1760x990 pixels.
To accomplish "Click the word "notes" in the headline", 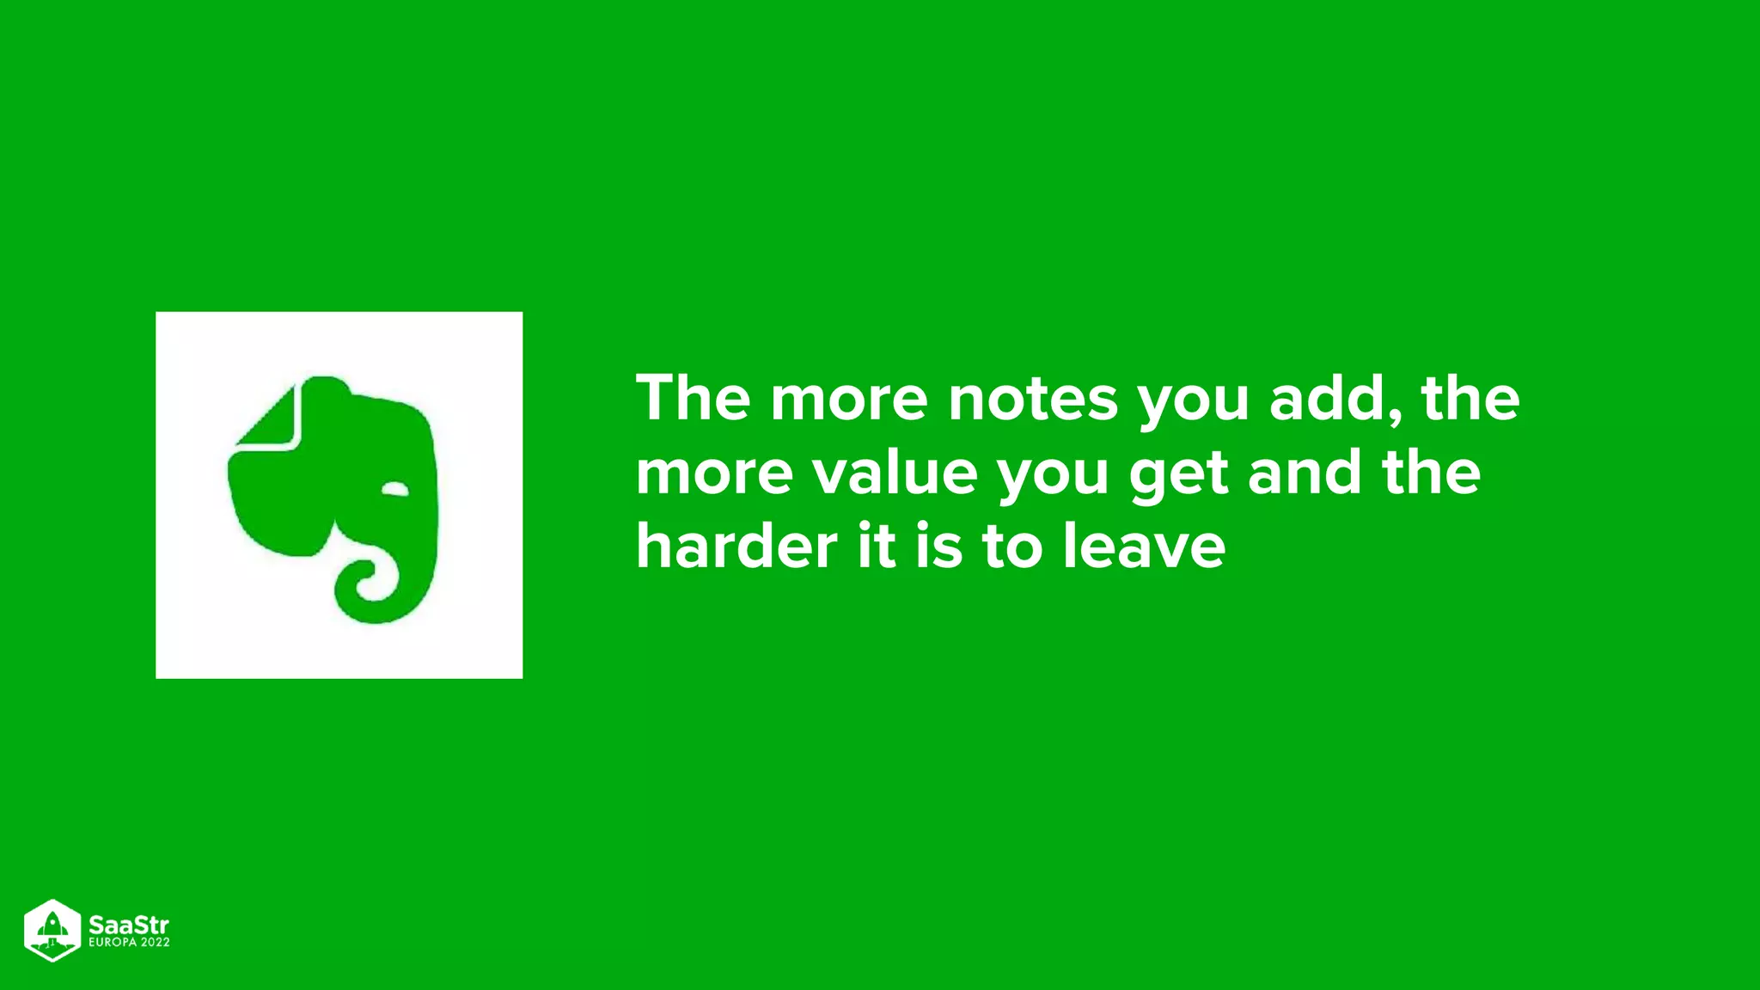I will pos(1032,399).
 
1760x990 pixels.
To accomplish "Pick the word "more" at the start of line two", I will pos(714,474).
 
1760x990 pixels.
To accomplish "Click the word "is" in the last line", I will pos(938,547).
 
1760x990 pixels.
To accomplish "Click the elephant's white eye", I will pos(395,490).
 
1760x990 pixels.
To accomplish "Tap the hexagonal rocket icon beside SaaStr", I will pos(52,931).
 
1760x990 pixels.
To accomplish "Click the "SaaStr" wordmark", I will pos(129,925).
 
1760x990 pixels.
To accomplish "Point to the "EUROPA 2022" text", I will pos(129,942).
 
